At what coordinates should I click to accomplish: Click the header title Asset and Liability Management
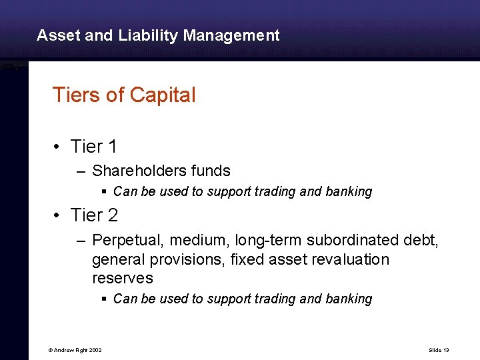tap(158, 35)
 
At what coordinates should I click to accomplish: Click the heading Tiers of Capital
tap(124, 95)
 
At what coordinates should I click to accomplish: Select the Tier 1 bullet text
tap(93, 146)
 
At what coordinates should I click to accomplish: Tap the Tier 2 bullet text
tap(93, 215)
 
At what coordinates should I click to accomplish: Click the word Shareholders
tap(137, 171)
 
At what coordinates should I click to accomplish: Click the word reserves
tap(122, 278)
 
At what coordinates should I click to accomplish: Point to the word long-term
tap(265, 239)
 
